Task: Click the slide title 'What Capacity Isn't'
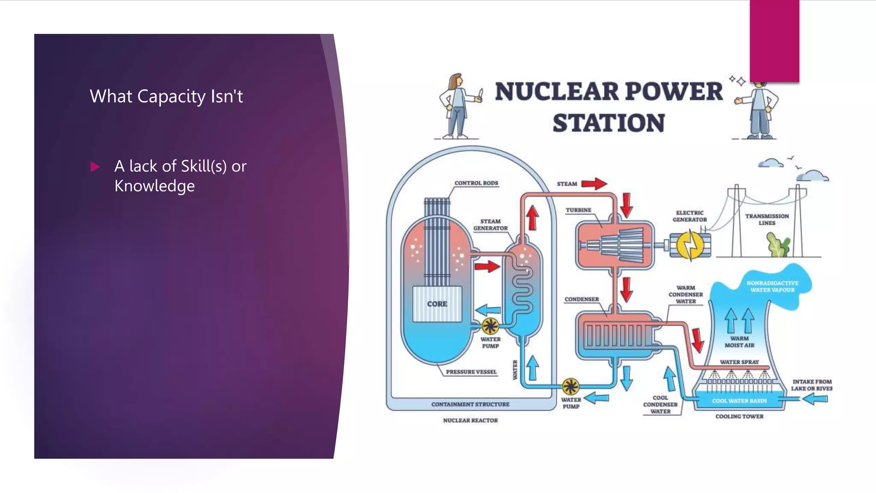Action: pyautogui.click(x=166, y=96)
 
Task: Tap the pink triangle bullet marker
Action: pyautogui.click(x=95, y=166)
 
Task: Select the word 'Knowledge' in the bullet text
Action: pyautogui.click(x=154, y=186)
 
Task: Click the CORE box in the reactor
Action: pyautogui.click(x=437, y=304)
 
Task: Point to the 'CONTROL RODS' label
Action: pyautogui.click(x=476, y=183)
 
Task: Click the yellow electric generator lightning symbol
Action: pyautogui.click(x=690, y=245)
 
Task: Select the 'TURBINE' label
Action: pyautogui.click(x=578, y=210)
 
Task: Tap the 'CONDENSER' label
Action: pyautogui.click(x=582, y=299)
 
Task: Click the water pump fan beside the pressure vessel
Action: pyautogui.click(x=490, y=327)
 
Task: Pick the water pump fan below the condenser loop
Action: pyautogui.click(x=570, y=386)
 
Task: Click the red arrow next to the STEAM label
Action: pyautogui.click(x=594, y=184)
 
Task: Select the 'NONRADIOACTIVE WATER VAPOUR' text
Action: pyautogui.click(x=772, y=287)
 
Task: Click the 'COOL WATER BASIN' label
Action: pyautogui.click(x=739, y=401)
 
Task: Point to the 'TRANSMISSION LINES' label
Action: pyautogui.click(x=767, y=220)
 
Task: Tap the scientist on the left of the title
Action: pyautogui.click(x=459, y=106)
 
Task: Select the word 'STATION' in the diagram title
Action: pyautogui.click(x=609, y=123)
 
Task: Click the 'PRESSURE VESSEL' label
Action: pyautogui.click(x=471, y=372)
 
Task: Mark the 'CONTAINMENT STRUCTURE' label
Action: pyautogui.click(x=471, y=404)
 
